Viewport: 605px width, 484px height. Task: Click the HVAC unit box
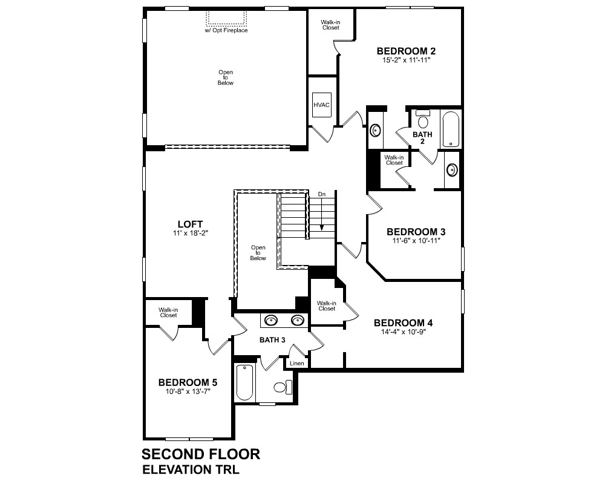(321, 105)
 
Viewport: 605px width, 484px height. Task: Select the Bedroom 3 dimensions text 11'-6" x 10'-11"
(416, 240)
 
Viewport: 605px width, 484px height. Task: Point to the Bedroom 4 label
(403, 322)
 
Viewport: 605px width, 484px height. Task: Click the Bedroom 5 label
(188, 382)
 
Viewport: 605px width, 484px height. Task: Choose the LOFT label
(190, 224)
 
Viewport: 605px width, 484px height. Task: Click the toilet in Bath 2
(423, 119)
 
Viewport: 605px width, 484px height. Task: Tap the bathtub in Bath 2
(451, 129)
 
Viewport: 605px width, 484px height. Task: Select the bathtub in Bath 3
(244, 383)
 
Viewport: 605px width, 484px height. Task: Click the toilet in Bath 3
(283, 387)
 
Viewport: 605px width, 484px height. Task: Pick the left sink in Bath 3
(271, 320)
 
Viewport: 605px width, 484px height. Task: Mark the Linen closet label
(296, 363)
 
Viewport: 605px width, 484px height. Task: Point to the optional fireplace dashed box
(226, 18)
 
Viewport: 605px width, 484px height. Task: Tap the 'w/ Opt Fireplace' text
(226, 30)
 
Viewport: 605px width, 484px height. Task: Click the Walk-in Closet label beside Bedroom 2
(331, 25)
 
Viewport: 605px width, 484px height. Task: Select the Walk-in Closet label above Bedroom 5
(168, 313)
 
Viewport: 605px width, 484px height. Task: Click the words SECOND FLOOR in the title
(201, 454)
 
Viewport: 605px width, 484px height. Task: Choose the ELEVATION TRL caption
(191, 469)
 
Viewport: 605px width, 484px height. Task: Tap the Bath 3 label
(272, 340)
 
